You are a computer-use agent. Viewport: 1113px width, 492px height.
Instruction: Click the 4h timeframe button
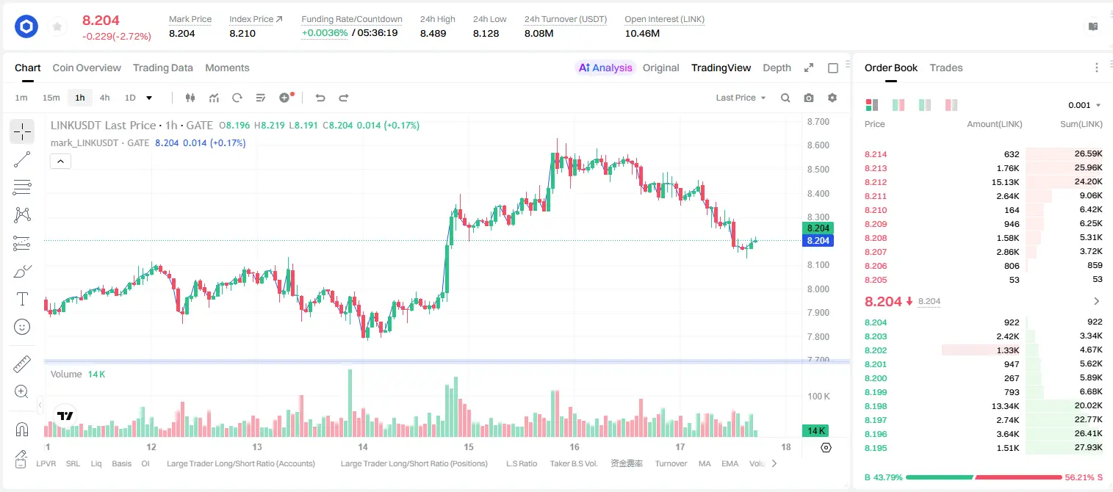[104, 98]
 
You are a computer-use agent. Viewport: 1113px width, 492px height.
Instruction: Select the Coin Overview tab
[87, 68]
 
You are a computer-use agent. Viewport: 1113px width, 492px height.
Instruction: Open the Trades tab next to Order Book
[946, 68]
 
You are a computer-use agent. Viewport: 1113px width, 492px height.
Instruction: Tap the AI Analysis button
[605, 68]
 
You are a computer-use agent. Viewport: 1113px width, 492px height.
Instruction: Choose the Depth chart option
[777, 68]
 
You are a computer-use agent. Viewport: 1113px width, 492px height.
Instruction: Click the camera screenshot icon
[809, 98]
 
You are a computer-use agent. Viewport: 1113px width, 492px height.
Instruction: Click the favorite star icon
[57, 26]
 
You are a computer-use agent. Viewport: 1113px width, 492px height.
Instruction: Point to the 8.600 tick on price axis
[818, 145]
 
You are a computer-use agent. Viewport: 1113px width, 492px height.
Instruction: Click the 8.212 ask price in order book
[876, 182]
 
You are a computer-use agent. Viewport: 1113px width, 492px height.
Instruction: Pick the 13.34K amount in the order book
[1005, 406]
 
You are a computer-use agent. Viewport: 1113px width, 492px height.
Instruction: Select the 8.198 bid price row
[876, 406]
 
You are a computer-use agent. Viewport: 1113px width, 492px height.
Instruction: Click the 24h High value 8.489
[433, 33]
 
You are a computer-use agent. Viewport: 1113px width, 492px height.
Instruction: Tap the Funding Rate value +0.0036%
[325, 33]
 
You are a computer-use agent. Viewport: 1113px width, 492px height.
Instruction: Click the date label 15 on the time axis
[469, 446]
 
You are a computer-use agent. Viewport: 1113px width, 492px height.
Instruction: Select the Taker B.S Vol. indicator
[573, 463]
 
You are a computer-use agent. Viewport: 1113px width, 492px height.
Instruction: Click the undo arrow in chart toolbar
[320, 98]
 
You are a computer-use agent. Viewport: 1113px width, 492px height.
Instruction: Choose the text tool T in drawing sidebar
[22, 299]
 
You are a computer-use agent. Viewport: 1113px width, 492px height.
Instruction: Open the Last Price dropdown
[741, 98]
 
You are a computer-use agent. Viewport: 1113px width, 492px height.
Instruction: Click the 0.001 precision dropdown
[1084, 105]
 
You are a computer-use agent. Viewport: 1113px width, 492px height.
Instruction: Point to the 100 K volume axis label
[818, 397]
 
